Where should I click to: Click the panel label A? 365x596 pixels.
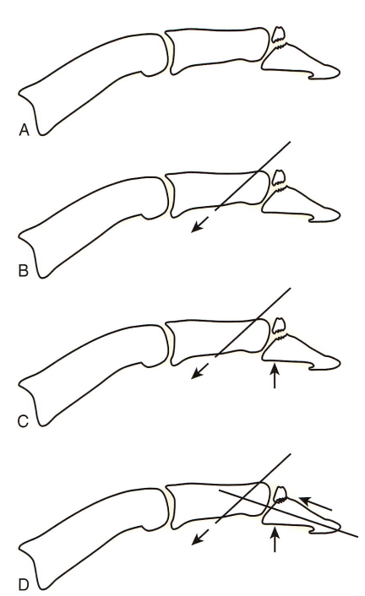[24, 130]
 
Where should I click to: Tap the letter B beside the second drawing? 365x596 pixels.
[23, 270]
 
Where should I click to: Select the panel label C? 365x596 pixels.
[23, 421]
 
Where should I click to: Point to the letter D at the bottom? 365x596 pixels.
[23, 584]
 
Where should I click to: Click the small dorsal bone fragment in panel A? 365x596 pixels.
[278, 35]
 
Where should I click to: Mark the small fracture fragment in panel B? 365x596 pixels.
[279, 179]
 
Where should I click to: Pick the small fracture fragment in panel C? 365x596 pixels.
[279, 325]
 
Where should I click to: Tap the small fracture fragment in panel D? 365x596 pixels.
[280, 494]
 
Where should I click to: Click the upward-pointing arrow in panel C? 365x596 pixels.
[275, 376]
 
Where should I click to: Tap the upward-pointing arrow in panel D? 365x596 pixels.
[275, 539]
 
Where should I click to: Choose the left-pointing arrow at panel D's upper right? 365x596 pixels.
[315, 503]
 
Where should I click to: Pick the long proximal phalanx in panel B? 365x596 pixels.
[93, 225]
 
